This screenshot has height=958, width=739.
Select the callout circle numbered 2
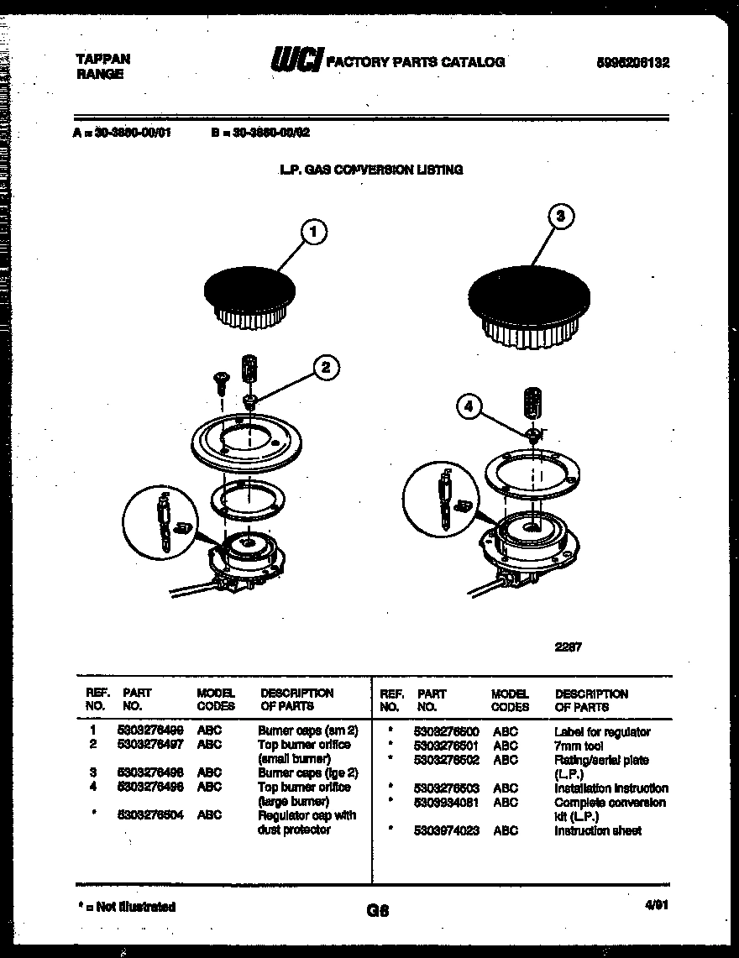click(x=326, y=366)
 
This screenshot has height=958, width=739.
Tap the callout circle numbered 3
click(x=562, y=217)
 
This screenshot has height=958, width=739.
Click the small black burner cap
click(x=249, y=291)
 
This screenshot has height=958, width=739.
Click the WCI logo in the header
click(x=295, y=60)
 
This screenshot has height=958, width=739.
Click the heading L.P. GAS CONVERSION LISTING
click(x=370, y=170)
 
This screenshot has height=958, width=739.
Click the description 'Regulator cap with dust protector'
click(x=307, y=823)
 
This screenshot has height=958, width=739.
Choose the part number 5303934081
click(x=446, y=802)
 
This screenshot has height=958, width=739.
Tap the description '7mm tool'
click(x=578, y=746)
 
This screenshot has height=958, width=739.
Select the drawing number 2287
click(x=569, y=647)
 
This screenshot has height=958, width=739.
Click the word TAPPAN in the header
click(x=103, y=60)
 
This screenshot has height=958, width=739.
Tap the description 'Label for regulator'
click(x=601, y=732)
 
